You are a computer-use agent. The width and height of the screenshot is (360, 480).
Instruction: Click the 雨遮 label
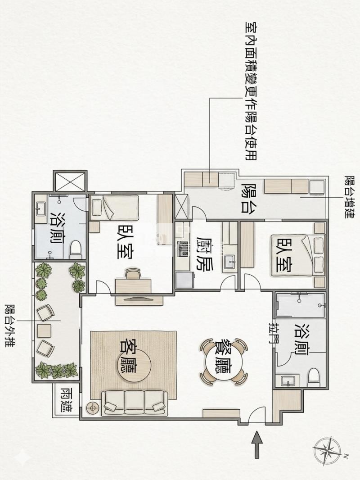click(x=66, y=399)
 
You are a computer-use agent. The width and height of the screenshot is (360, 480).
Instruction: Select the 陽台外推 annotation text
click(x=11, y=326)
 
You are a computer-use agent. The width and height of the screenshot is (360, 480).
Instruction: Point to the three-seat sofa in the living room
click(x=135, y=403)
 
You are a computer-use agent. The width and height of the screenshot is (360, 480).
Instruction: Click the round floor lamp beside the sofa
click(x=92, y=408)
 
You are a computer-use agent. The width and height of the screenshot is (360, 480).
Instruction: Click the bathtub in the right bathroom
click(x=300, y=305)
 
